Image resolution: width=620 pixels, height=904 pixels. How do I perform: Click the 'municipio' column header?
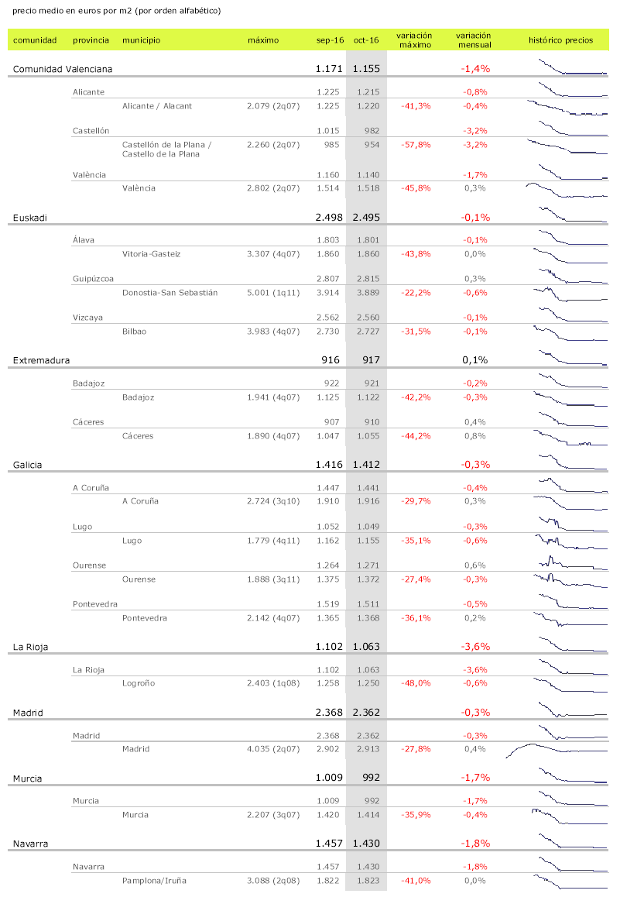141,40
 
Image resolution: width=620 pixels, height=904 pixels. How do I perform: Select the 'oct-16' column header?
366,40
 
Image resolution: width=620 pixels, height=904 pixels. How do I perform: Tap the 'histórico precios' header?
560,40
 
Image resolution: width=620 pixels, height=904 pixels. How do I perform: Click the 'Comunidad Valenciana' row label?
63,69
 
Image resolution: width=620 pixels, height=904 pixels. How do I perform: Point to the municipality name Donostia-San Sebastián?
170,293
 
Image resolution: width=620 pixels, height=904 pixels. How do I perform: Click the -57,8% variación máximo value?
416,145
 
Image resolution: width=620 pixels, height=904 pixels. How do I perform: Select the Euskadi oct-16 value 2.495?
366,218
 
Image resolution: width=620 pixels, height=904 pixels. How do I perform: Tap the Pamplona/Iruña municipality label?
154,881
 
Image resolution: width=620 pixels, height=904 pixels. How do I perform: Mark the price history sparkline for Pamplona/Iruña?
570,882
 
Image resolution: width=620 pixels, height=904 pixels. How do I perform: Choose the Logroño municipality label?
139,683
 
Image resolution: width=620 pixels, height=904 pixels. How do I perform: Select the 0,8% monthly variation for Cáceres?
474,436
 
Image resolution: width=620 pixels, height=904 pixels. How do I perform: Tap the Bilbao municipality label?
134,332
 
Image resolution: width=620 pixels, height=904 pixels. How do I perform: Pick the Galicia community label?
27,465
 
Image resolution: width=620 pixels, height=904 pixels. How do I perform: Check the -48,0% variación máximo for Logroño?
416,683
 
